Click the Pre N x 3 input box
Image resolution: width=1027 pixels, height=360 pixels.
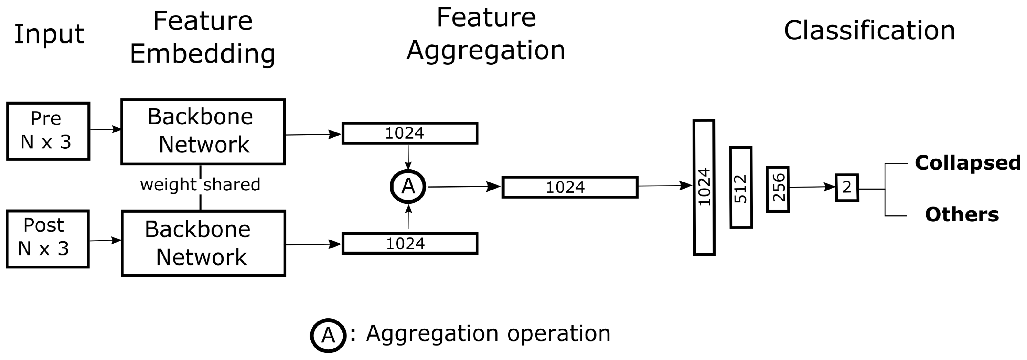[x=48, y=131]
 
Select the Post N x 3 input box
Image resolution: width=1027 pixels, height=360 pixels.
[x=47, y=239]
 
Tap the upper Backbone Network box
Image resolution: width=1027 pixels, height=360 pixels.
[x=203, y=131]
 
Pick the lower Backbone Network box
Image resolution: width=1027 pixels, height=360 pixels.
[x=203, y=243]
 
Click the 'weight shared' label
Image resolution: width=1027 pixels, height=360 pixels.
[x=200, y=184]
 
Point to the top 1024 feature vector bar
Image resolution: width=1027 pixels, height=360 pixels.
[x=410, y=133]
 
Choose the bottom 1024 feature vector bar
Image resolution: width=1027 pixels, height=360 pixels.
[x=410, y=243]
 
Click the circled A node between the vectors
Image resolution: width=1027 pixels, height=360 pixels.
[x=408, y=187]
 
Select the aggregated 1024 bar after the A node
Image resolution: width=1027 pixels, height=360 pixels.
[x=570, y=187]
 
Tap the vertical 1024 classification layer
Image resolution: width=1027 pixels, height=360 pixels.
[x=704, y=187]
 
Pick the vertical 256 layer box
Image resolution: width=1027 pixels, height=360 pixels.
[x=778, y=189]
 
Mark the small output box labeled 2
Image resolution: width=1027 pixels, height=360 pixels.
[x=847, y=187]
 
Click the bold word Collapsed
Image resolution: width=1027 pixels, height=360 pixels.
[x=967, y=163]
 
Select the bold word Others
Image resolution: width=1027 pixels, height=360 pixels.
[x=962, y=214]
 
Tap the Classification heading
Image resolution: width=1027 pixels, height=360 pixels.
[x=869, y=31]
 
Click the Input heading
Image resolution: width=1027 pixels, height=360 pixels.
[x=49, y=35]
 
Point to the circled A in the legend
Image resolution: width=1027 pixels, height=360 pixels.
[x=328, y=335]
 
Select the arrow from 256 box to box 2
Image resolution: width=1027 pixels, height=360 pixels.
[x=812, y=187]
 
